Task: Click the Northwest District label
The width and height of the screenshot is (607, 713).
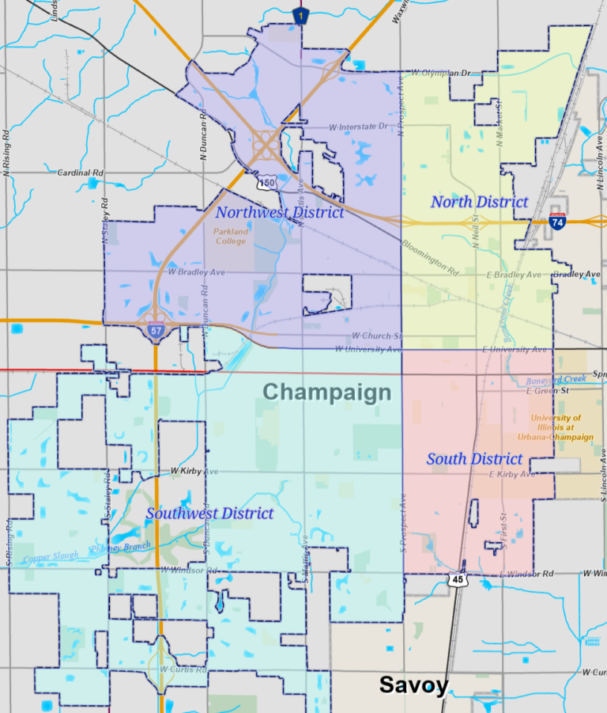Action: pos(280,212)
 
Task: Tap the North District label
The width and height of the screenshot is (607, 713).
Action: pos(479,202)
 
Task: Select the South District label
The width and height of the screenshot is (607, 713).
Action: pos(474,459)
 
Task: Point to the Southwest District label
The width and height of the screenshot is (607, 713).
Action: pos(209,514)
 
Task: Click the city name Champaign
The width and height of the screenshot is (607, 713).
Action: pos(326,392)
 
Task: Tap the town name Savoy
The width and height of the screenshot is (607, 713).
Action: pos(413,685)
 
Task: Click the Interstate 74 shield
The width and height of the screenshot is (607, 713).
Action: pos(557,222)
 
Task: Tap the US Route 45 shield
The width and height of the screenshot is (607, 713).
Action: pos(458,579)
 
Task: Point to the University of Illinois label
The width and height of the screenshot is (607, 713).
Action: pos(561,427)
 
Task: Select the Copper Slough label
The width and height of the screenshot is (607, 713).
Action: pos(51,556)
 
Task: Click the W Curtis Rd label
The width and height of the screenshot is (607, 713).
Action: pos(183,669)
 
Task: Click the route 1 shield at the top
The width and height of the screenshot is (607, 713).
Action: pos(299,14)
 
